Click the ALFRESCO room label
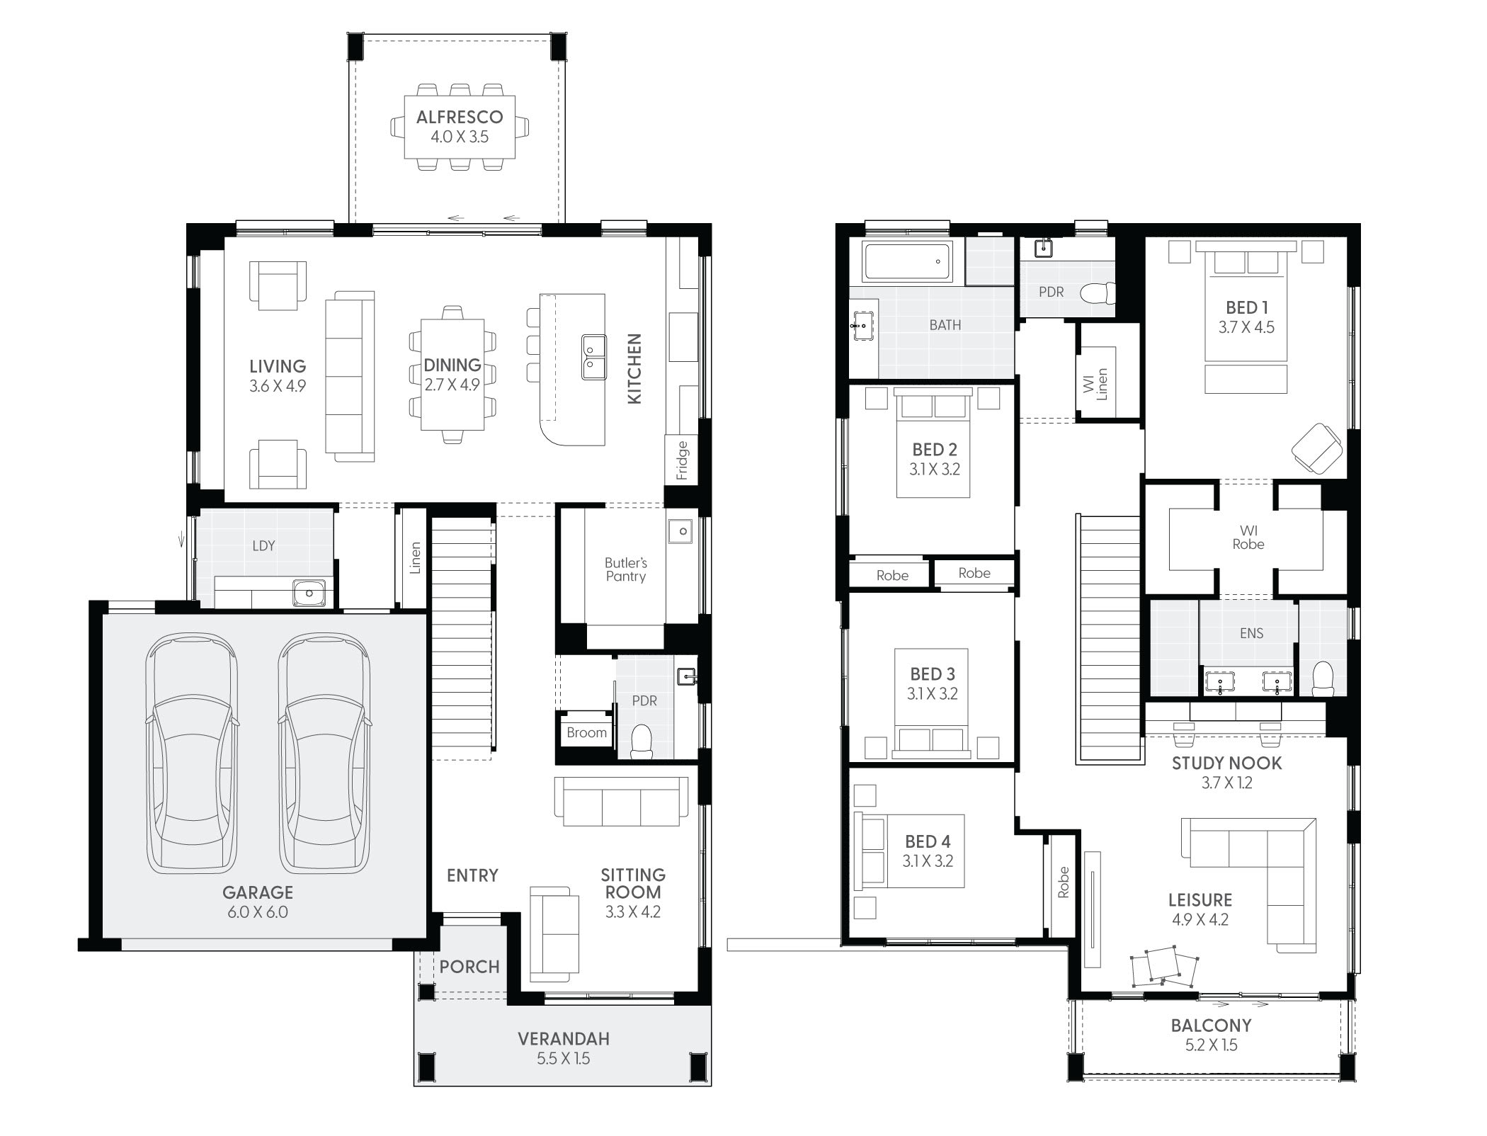click(x=460, y=117)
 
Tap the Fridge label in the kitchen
click(x=682, y=460)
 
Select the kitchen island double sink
click(x=593, y=357)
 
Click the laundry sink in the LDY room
click(x=309, y=593)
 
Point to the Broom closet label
click(x=586, y=733)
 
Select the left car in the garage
click(x=192, y=754)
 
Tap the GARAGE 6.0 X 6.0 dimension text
click(x=258, y=912)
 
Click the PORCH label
click(x=469, y=967)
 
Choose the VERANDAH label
click(x=564, y=1039)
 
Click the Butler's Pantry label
click(x=625, y=569)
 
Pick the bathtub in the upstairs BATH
click(x=907, y=261)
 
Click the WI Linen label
click(x=1095, y=385)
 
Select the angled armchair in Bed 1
click(x=1318, y=448)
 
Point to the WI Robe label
click(x=1248, y=538)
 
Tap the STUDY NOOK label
click(x=1226, y=763)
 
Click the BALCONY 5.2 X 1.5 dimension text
click(x=1211, y=1045)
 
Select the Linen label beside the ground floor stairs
click(x=416, y=557)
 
